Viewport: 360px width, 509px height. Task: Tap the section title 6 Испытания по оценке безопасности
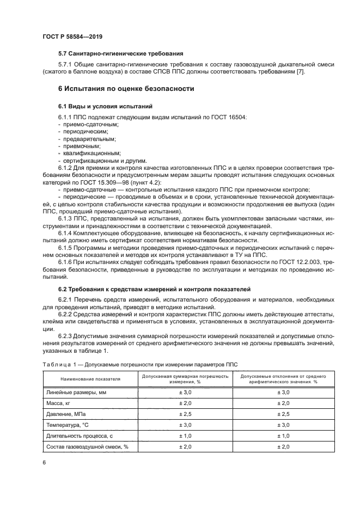click(126, 88)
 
